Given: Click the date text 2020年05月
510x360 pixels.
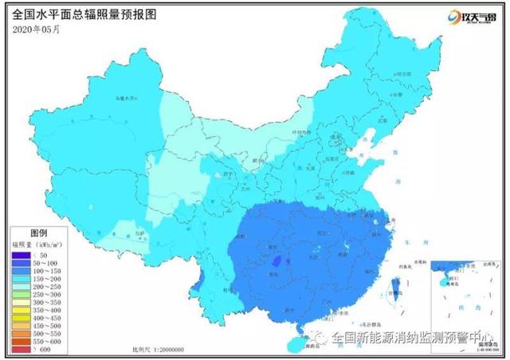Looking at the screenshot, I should [x=37, y=29].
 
